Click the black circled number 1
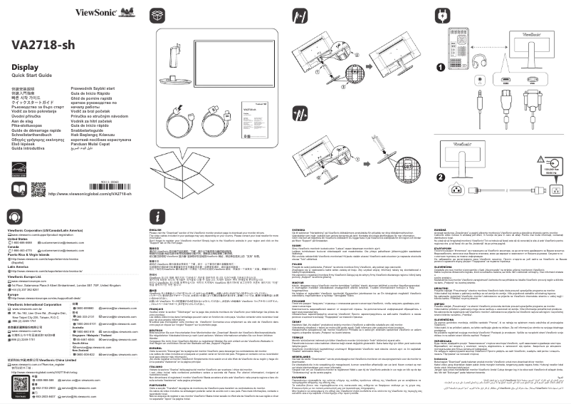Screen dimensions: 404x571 tap(440, 68)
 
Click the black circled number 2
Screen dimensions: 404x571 tap(440, 177)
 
